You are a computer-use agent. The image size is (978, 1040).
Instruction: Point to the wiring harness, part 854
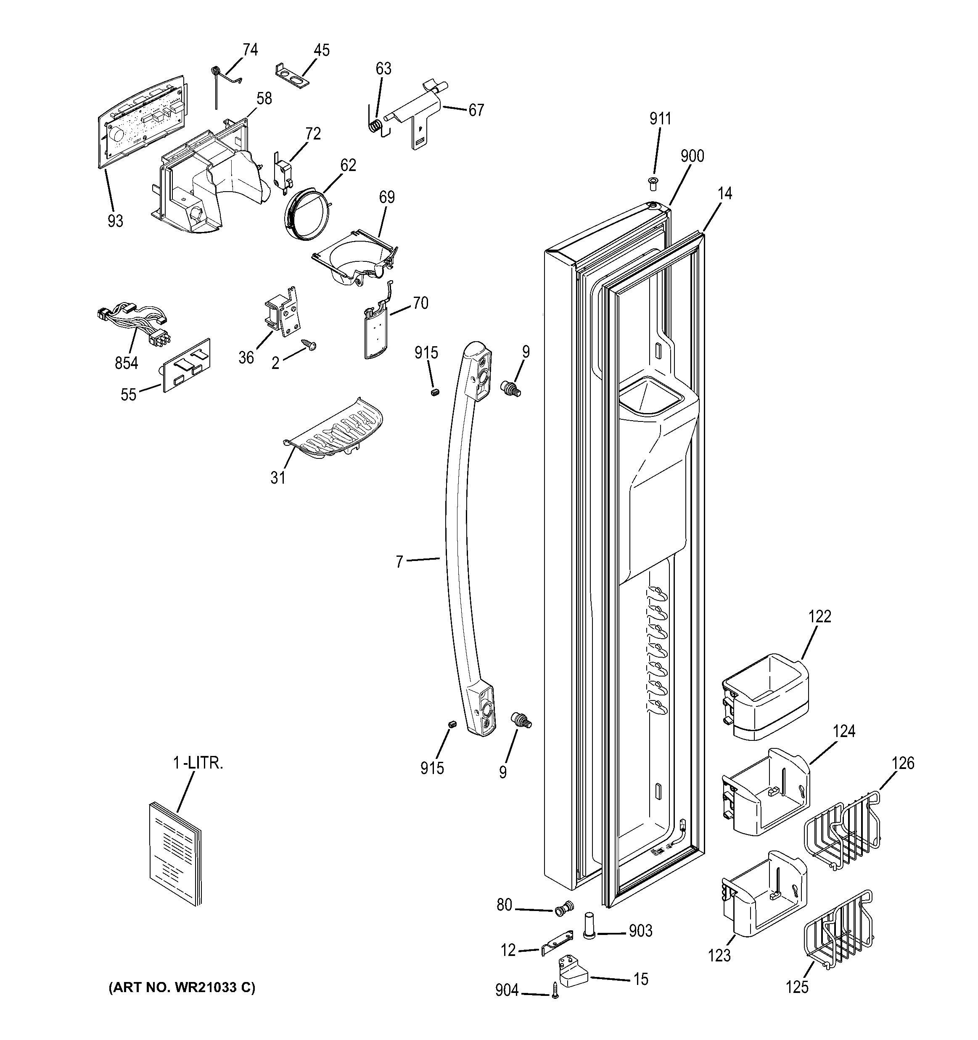[134, 323]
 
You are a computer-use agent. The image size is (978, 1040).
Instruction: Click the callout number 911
[660, 119]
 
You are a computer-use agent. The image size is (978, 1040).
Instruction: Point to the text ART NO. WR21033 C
[182, 988]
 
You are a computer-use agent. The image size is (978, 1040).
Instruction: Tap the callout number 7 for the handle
[399, 562]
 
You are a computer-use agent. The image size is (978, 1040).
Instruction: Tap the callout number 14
[724, 194]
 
